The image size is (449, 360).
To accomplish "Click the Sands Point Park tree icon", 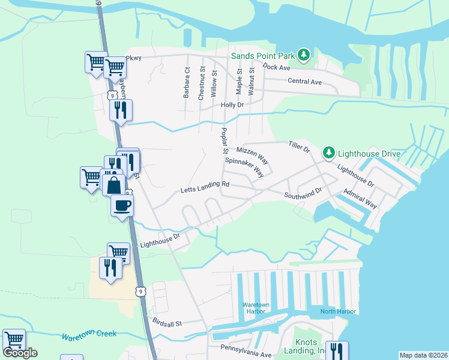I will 304,56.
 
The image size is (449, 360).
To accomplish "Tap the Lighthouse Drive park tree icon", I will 328,153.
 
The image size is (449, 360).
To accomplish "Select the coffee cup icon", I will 121,206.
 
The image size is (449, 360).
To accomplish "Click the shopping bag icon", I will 113,185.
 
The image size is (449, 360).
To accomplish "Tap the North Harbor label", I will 338,311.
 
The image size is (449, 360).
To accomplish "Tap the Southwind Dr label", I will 304,193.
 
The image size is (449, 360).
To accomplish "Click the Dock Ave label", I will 277,67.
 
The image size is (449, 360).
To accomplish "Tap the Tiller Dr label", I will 298,146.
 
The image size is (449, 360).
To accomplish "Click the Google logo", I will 20,353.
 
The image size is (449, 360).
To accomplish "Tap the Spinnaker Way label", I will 245,167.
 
